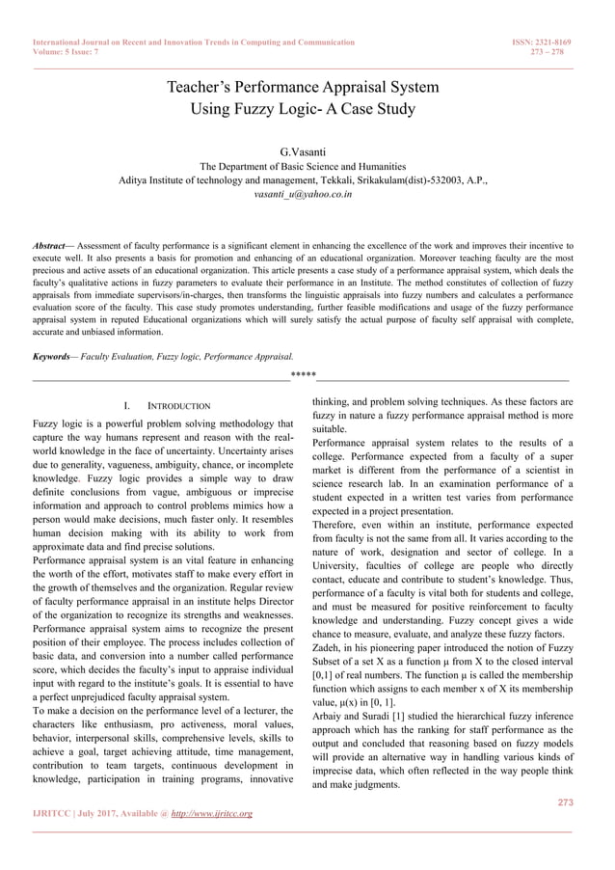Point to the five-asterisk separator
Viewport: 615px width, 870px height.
(303, 374)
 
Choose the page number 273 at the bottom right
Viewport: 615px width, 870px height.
(565, 802)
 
